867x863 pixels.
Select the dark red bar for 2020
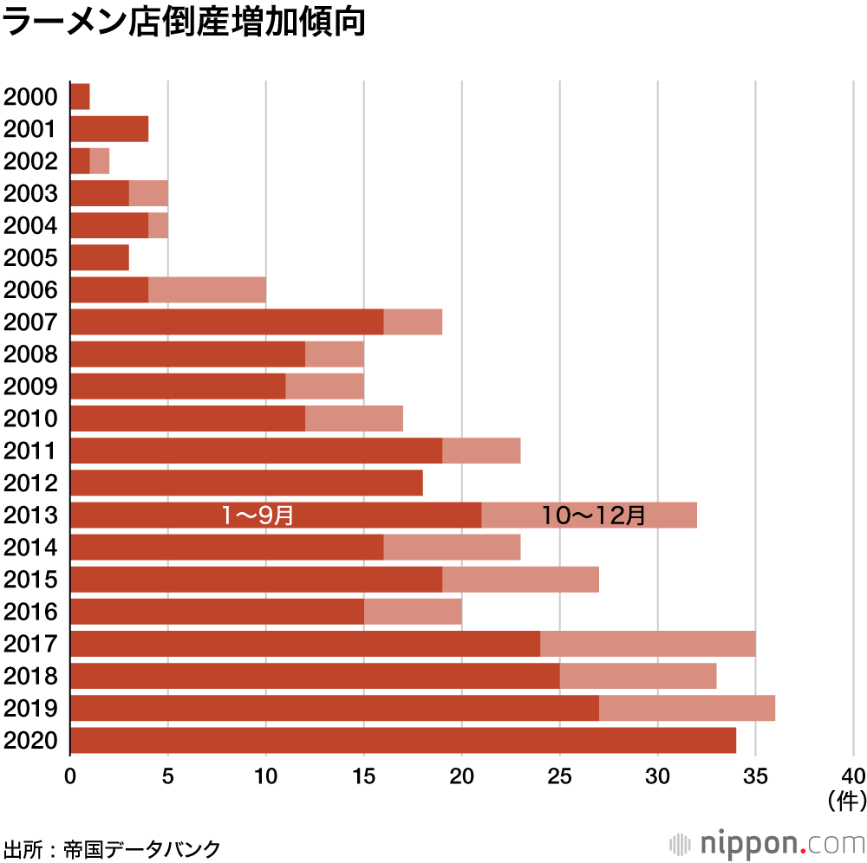tap(402, 741)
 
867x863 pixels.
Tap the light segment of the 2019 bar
tap(687, 709)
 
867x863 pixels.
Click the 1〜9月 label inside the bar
tap(257, 516)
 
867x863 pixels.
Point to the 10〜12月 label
tap(594, 516)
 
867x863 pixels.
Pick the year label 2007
tap(30, 322)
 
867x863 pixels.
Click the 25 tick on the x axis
tap(560, 774)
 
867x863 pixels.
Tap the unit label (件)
tap(847, 799)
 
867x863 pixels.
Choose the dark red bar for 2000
tap(80, 97)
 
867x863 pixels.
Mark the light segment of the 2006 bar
tap(207, 290)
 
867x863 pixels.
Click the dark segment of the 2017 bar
tap(304, 644)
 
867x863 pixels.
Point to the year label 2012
tap(30, 483)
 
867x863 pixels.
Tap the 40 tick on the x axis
tap(853, 774)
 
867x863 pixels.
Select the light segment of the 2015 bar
tap(520, 580)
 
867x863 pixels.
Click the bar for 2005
tap(99, 258)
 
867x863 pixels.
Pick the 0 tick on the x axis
tap(70, 774)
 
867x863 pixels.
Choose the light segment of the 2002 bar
tap(100, 161)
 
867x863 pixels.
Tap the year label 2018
tap(30, 677)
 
